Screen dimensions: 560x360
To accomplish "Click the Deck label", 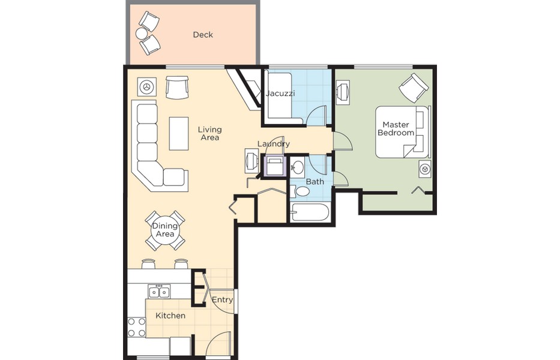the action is point(203,35).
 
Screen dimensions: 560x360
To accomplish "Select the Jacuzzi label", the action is point(280,94).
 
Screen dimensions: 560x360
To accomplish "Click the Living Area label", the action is point(210,133).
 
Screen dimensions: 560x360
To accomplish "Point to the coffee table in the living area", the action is point(179,134).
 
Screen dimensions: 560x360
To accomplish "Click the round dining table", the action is point(165,230).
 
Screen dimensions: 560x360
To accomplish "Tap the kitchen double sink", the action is point(159,292).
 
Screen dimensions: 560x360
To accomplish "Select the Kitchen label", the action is point(170,316).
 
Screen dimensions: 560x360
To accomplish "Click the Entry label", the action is point(222,299).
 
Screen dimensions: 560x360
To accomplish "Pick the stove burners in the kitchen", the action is point(137,328).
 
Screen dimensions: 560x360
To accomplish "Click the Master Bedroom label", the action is point(396,128).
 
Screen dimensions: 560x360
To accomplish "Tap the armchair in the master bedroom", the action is point(414,88).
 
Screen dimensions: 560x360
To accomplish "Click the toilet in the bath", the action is point(300,191).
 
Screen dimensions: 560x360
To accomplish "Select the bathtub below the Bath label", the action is point(309,212).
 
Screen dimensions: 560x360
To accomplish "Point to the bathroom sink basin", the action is point(297,167).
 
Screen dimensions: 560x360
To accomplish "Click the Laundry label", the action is point(274,144).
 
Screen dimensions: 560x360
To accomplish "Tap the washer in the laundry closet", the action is point(274,166).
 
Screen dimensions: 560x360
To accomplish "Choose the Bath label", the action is point(315,182).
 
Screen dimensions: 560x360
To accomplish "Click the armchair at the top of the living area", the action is point(177,88).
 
